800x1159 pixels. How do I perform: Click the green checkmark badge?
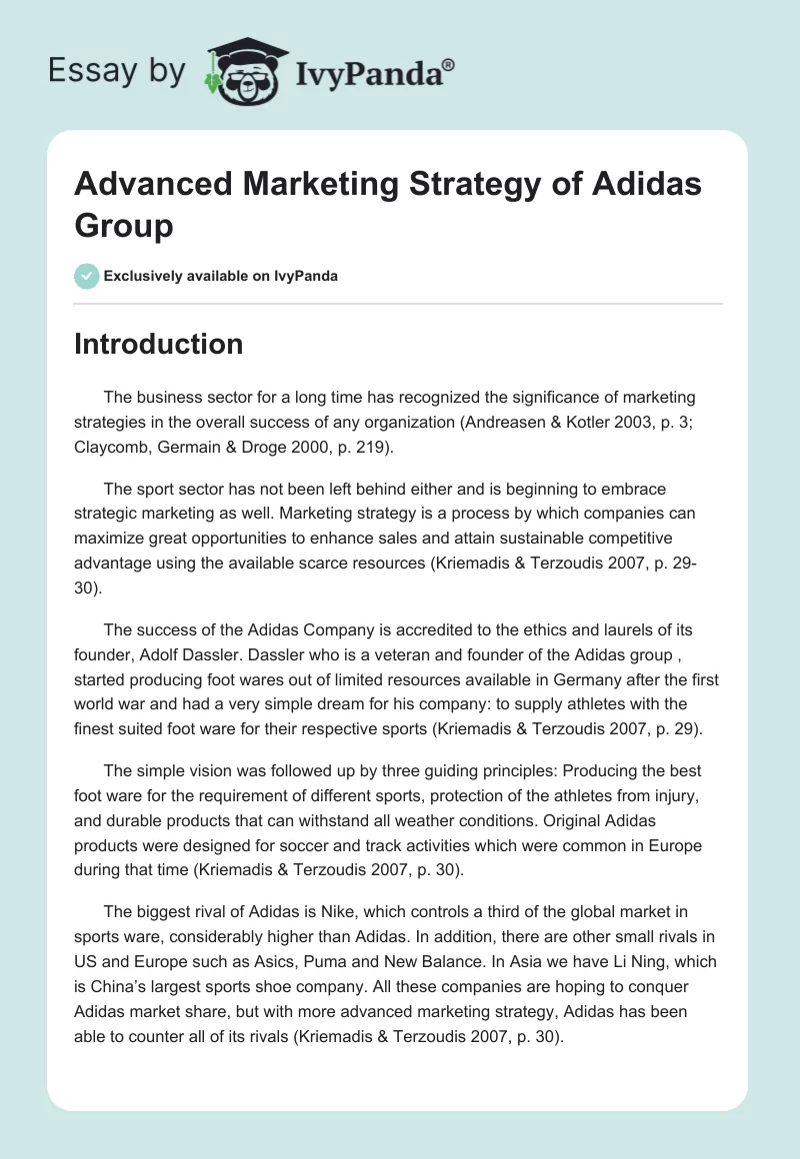pos(86,276)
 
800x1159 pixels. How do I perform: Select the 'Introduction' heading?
pos(158,344)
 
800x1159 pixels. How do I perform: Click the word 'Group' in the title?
pos(124,225)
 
